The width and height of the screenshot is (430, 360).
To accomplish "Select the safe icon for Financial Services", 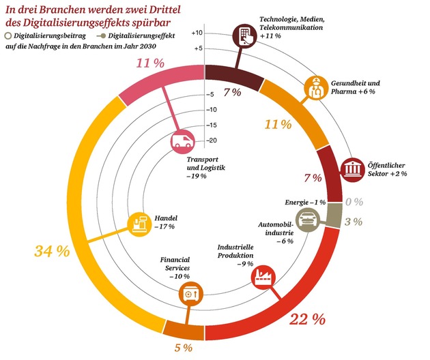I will click(x=190, y=295).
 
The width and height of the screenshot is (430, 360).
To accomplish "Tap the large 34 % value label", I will click(x=52, y=250).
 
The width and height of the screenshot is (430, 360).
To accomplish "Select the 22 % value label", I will click(x=306, y=318).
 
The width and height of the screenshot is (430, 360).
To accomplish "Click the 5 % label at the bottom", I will click(x=183, y=348).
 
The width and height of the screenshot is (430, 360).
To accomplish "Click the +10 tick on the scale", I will click(x=197, y=33).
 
